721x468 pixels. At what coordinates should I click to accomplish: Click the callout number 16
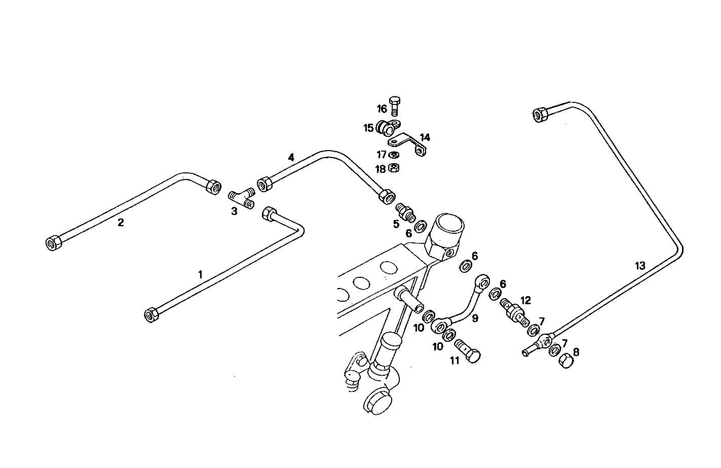tap(382, 109)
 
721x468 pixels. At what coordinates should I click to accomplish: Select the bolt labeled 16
tap(396, 105)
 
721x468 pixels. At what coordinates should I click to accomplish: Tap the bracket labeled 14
tap(412, 143)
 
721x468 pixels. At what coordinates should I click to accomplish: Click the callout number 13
tap(640, 265)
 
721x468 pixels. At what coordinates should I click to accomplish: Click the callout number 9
tap(474, 318)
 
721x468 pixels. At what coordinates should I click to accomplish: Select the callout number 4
tap(291, 157)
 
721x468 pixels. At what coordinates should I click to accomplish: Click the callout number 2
tap(121, 222)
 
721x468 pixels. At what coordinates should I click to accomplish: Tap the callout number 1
tap(200, 274)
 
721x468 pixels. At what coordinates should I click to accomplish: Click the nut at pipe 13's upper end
tap(540, 114)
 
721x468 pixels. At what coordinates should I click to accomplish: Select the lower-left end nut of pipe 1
tap(151, 315)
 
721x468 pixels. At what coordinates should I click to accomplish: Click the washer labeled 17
tap(394, 154)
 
